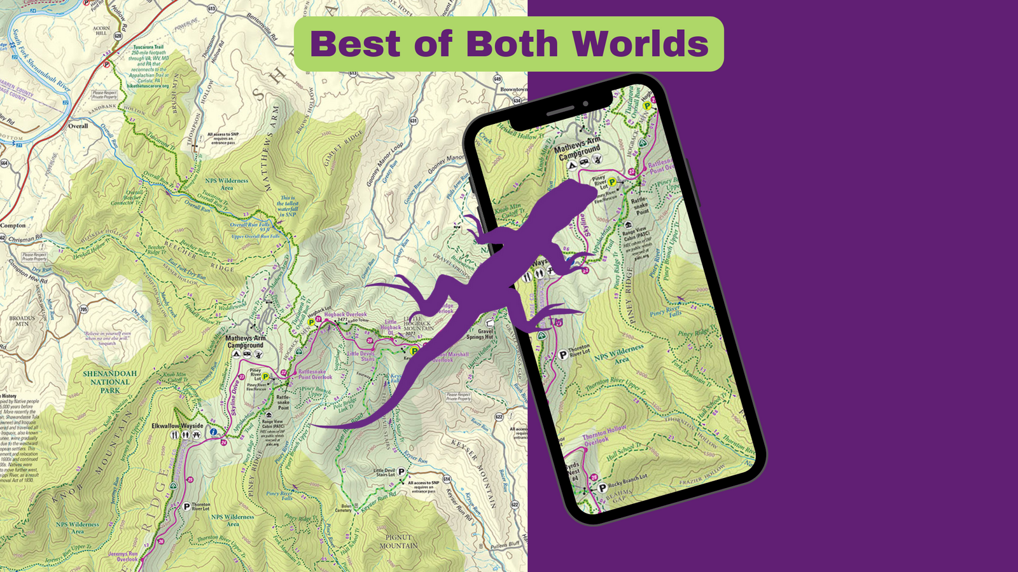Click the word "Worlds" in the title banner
[x=640, y=44]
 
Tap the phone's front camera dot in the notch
[x=585, y=104]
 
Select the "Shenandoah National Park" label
[x=109, y=382]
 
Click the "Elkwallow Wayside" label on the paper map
[x=177, y=426]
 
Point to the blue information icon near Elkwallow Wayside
[x=214, y=432]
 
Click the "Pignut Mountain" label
[x=399, y=541]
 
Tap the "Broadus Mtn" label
[x=22, y=321]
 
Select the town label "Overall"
[x=78, y=126]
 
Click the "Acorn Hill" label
[x=101, y=31]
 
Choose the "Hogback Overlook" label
[x=345, y=315]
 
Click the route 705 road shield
[x=84, y=310]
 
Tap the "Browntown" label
[x=513, y=90]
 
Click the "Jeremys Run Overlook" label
[x=123, y=557]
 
